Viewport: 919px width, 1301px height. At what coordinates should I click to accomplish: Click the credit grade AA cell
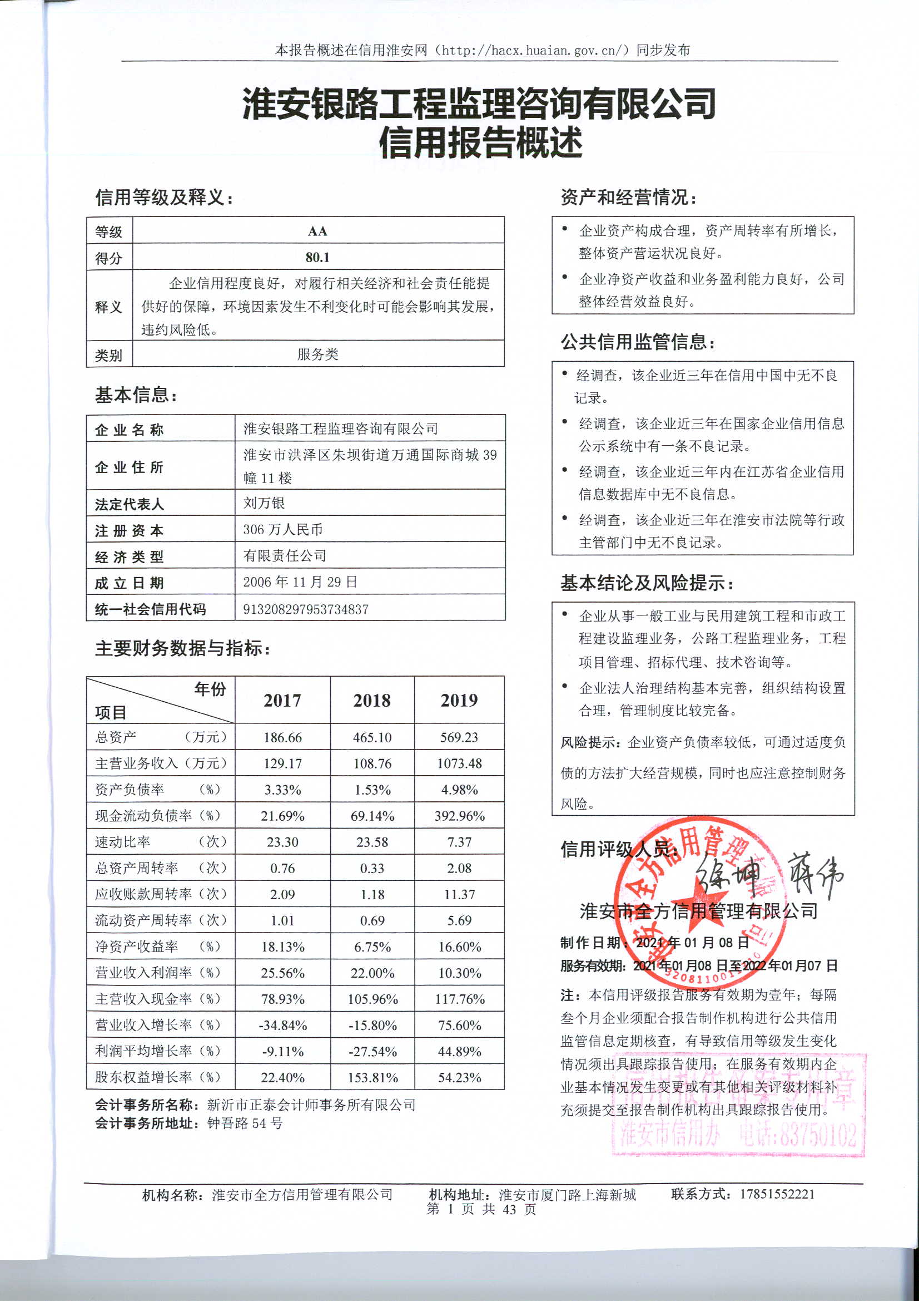coord(317,231)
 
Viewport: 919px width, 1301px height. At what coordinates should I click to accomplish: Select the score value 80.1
coord(317,257)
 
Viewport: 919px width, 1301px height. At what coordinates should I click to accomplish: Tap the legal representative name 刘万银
coord(264,502)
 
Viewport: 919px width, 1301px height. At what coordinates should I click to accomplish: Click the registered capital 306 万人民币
coord(282,529)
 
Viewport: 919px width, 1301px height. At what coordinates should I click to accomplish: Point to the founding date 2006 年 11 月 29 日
coord(300,582)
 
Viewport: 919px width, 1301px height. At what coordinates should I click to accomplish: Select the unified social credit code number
coord(306,609)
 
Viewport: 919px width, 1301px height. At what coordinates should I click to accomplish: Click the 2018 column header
coord(372,701)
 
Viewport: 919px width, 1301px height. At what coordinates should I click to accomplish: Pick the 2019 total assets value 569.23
coord(459,737)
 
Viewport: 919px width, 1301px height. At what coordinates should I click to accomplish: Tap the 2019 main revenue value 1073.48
coord(459,763)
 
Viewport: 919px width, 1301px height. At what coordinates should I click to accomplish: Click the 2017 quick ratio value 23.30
coord(282,842)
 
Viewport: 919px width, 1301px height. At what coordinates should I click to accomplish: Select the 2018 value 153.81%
coord(372,1077)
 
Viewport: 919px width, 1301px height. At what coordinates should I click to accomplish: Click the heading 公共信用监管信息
coord(638,342)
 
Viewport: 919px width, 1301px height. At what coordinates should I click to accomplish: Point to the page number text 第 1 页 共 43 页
coord(481,1209)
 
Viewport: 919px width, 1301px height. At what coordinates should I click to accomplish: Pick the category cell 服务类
coord(317,354)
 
